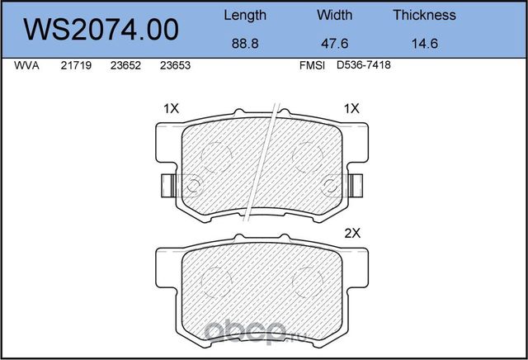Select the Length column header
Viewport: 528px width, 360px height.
coord(245,15)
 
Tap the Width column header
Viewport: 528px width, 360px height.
coord(334,15)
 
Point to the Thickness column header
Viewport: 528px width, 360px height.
coord(424,15)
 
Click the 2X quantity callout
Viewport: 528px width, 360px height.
coord(352,233)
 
